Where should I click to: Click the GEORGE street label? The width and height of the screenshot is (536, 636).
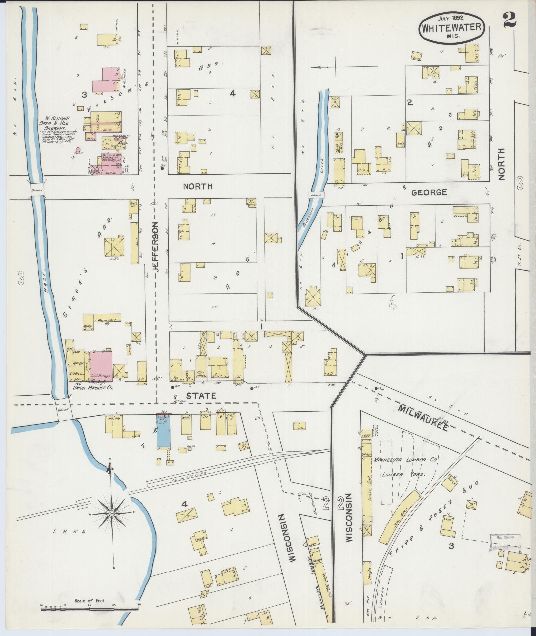pos(429,192)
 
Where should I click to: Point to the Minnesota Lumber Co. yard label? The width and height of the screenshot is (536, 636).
pos(406,460)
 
